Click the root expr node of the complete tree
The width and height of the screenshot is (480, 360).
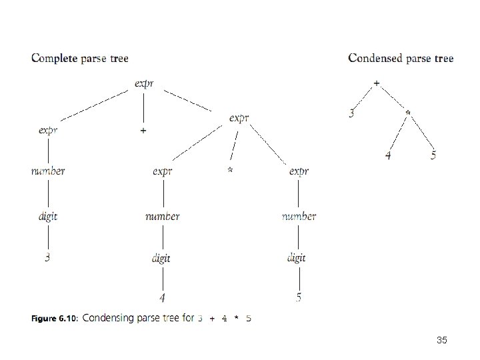(144, 83)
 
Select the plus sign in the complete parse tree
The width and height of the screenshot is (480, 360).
(143, 131)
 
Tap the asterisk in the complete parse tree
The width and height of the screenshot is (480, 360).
(230, 169)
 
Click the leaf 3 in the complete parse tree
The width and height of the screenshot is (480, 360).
(47, 257)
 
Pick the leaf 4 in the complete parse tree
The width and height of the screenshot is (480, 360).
(162, 297)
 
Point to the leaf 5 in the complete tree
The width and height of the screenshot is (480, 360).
(299, 297)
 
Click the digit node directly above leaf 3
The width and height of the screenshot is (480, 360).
(48, 217)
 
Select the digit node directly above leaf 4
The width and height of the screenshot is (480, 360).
(161, 259)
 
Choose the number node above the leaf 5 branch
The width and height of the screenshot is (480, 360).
(299, 217)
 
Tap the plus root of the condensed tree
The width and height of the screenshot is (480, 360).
(377, 83)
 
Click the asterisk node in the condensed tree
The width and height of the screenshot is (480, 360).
(408, 113)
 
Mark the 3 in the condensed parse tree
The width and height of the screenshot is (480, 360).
(351, 113)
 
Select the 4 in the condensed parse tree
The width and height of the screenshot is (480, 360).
(388, 155)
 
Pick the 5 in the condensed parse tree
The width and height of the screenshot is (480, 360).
(433, 155)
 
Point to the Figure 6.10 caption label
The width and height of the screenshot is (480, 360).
(55, 319)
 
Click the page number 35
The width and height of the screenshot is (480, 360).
(442, 340)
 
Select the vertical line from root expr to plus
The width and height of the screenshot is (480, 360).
(143, 109)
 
